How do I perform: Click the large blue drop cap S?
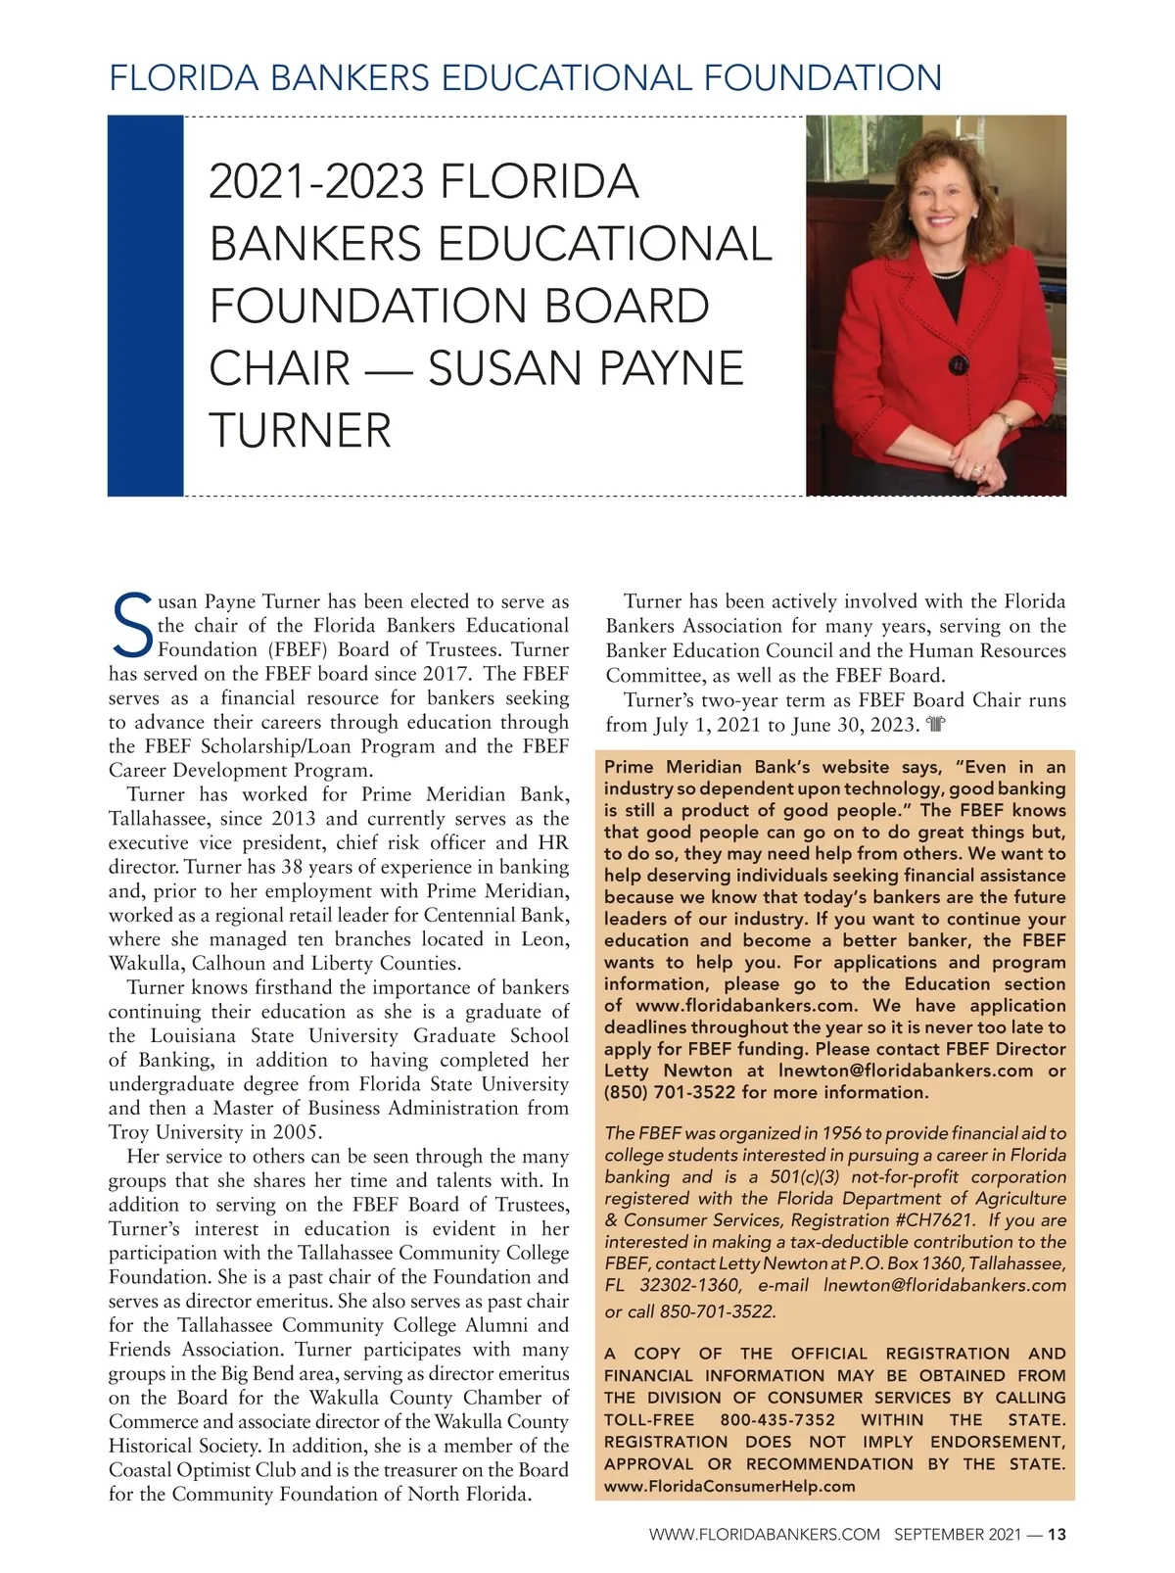[x=130, y=625]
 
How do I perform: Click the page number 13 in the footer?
[x=1057, y=1535]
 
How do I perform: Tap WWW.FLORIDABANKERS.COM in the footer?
[x=765, y=1535]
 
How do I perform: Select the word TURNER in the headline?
[x=301, y=431]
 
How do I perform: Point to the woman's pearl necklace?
[x=947, y=273]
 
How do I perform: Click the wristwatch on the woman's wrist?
[x=1003, y=421]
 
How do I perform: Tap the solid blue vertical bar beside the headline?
[x=145, y=306]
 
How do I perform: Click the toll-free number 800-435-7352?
[x=777, y=1420]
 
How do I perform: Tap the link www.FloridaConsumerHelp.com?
[x=729, y=1486]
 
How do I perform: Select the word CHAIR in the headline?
[x=280, y=368]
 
